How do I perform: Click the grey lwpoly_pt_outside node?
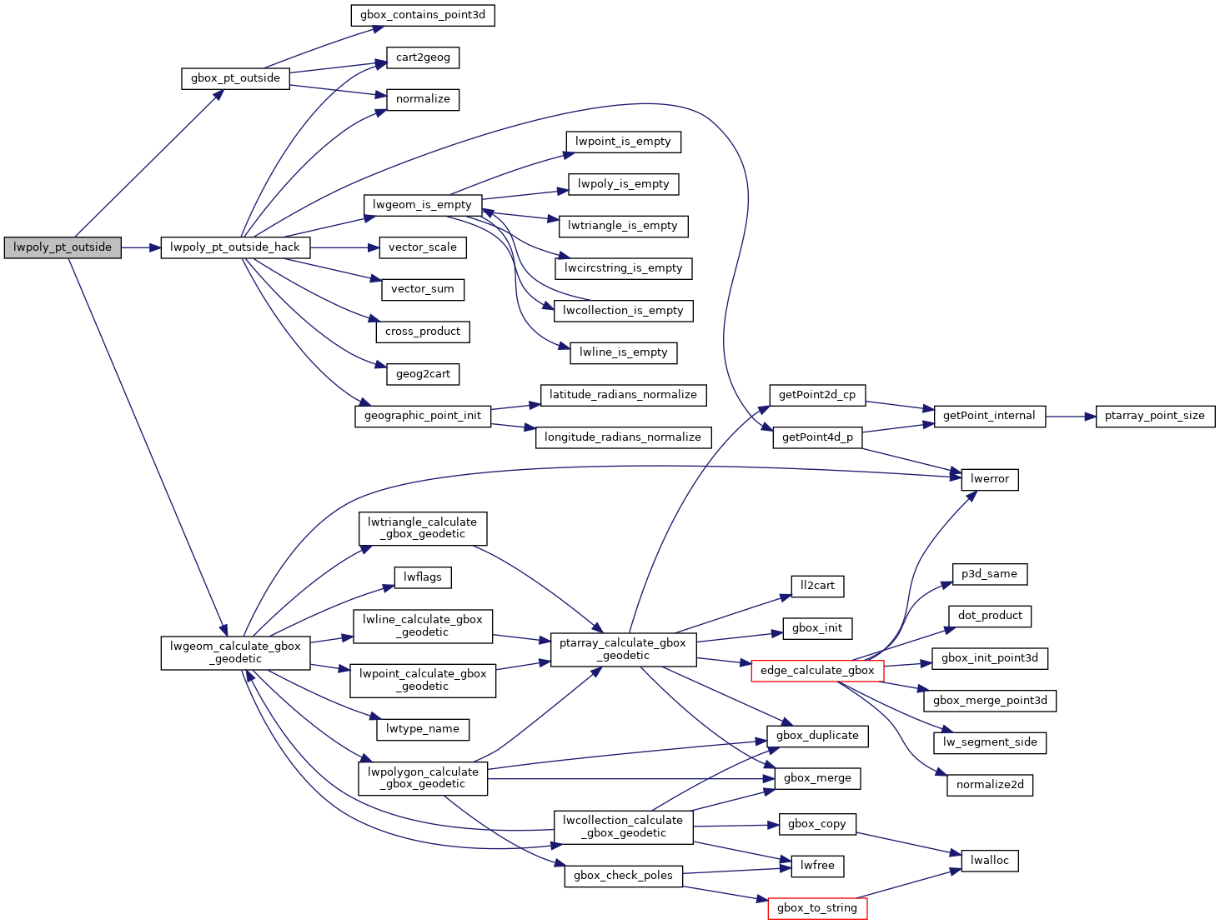tap(63, 247)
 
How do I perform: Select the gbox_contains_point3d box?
tap(423, 15)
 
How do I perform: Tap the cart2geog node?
tap(423, 57)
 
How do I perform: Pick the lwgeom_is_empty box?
tap(422, 205)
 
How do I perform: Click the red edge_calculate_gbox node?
tap(817, 671)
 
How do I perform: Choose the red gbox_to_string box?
tap(817, 908)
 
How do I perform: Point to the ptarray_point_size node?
tap(1155, 416)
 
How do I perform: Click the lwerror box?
tap(990, 479)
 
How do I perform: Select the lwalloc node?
tap(990, 861)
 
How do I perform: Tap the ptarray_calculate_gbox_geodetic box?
tap(623, 649)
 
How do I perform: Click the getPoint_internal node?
tap(989, 416)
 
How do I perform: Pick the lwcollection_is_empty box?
tap(623, 311)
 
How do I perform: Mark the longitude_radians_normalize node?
tap(623, 437)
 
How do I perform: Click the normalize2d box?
tap(990, 785)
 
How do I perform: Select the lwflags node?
tap(423, 577)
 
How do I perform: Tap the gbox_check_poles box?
tap(623, 876)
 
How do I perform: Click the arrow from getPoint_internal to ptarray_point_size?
tap(1071, 416)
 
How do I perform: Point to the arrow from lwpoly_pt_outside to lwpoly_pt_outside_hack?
tap(141, 247)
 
